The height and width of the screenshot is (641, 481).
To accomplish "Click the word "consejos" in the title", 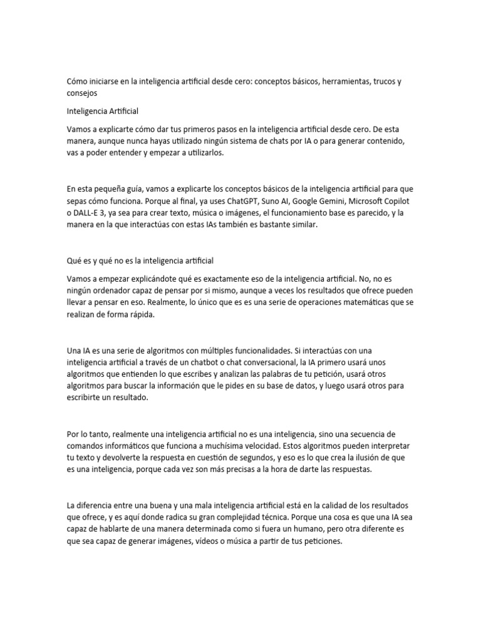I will (x=83, y=93).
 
